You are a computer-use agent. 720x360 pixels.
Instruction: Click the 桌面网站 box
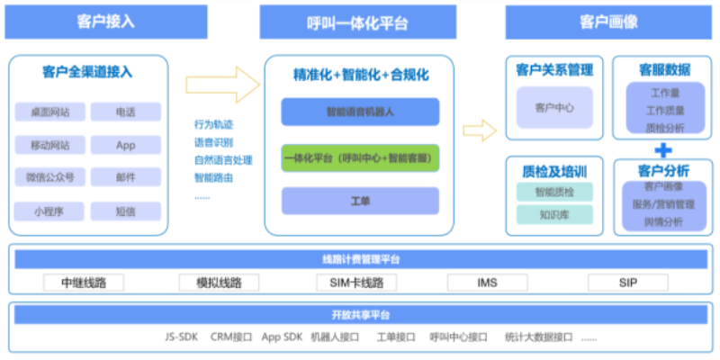(49, 112)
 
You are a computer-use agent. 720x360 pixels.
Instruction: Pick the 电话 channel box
(126, 112)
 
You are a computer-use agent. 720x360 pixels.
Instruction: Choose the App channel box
(126, 145)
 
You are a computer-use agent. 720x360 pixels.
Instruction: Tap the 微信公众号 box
(49, 177)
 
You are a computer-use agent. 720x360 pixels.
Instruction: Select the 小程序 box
(49, 211)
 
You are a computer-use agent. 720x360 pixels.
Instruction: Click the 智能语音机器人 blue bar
(360, 112)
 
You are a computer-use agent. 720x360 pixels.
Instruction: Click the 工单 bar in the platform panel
(360, 200)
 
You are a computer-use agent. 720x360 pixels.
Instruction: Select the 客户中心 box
(554, 107)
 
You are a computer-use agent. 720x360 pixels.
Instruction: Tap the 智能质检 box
(554, 192)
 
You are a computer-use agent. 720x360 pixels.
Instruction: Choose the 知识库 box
(554, 215)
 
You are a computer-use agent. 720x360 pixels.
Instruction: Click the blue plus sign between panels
(663, 149)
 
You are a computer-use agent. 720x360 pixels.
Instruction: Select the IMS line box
(487, 283)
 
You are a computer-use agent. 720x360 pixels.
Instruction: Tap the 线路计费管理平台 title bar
(360, 259)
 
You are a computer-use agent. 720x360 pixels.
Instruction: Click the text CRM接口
(230, 337)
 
